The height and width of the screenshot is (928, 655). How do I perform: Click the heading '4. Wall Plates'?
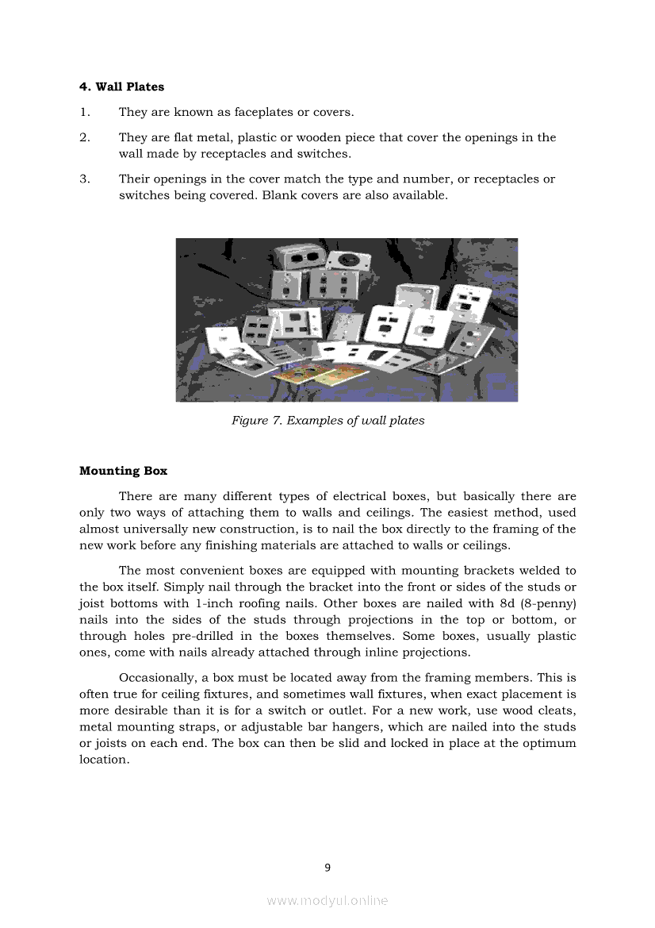click(x=121, y=87)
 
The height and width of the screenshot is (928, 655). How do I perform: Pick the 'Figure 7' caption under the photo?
click(x=327, y=420)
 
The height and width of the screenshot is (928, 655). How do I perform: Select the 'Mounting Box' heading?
click(x=123, y=471)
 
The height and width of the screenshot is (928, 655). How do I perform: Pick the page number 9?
click(x=327, y=867)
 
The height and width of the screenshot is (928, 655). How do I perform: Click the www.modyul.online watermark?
click(x=327, y=900)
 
